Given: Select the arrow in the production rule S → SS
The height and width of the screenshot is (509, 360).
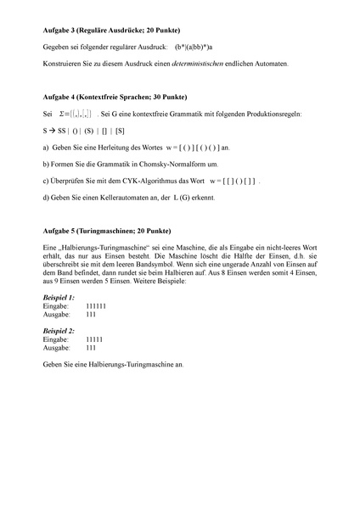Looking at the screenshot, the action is pyautogui.click(x=52, y=130).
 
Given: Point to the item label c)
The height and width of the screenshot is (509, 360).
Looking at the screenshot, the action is pyautogui.click(x=45, y=181).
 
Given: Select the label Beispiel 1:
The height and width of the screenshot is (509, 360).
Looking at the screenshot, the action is pyautogui.click(x=59, y=299).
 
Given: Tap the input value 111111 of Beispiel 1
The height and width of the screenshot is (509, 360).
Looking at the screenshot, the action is pyautogui.click(x=97, y=307).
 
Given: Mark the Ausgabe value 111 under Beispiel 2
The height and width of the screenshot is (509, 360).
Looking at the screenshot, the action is pyautogui.click(x=92, y=348).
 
